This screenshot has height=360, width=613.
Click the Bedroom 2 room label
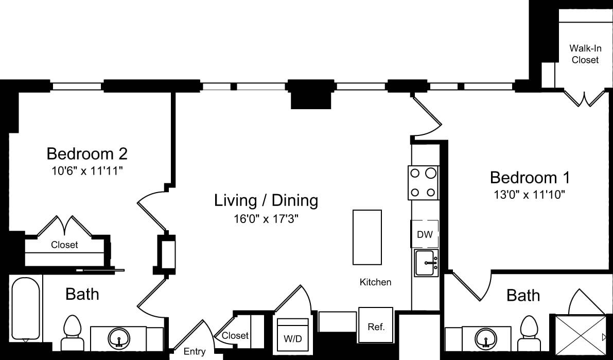(x=87, y=153)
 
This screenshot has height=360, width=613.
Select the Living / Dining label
(x=266, y=200)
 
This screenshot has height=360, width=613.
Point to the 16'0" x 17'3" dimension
(x=265, y=219)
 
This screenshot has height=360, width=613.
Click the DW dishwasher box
(x=425, y=235)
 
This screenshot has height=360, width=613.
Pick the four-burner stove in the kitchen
(x=423, y=183)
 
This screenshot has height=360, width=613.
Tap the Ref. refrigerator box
(x=376, y=325)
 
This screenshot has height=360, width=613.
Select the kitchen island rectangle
(x=367, y=237)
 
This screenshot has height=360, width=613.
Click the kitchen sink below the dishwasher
(x=426, y=263)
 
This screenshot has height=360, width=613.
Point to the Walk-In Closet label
(x=584, y=54)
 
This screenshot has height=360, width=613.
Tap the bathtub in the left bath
(x=25, y=309)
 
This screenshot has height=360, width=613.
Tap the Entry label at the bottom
(x=195, y=352)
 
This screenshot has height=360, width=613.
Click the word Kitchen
(x=375, y=282)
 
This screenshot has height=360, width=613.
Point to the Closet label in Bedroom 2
(x=64, y=245)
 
